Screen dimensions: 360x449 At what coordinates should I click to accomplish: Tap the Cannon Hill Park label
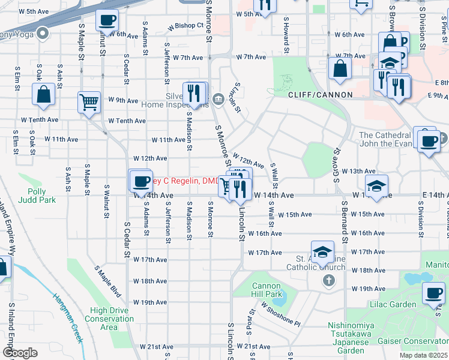(x=266, y=290)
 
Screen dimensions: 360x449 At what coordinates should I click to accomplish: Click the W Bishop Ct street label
(x=185, y=26)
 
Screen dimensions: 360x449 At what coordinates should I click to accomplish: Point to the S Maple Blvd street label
(x=107, y=281)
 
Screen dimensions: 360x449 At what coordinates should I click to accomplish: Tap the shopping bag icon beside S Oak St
(x=43, y=94)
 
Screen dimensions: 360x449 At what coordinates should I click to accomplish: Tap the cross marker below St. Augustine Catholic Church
(x=328, y=280)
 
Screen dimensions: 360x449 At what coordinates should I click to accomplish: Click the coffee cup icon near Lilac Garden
(x=433, y=293)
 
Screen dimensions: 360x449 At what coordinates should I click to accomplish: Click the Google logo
(x=20, y=352)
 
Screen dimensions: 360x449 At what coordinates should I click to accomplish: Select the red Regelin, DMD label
(x=185, y=181)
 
